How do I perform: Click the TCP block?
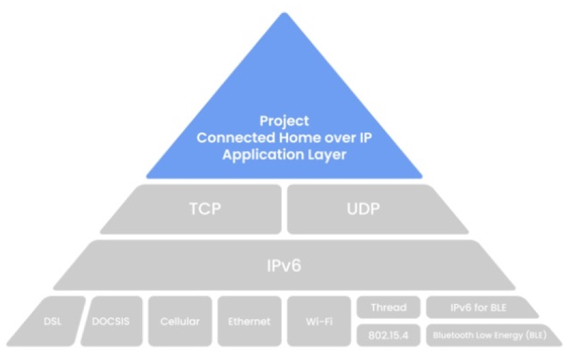pos(205,209)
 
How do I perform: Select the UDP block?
pos(364,209)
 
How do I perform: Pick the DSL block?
pos(53,321)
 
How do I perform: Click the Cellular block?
pos(180,321)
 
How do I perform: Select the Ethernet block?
pos(249,321)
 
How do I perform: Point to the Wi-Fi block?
pos(319,321)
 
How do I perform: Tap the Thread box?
pos(388,307)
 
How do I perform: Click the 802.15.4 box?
pos(388,335)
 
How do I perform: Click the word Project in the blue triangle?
pos(285,120)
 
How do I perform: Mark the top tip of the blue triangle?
pos(285,14)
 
